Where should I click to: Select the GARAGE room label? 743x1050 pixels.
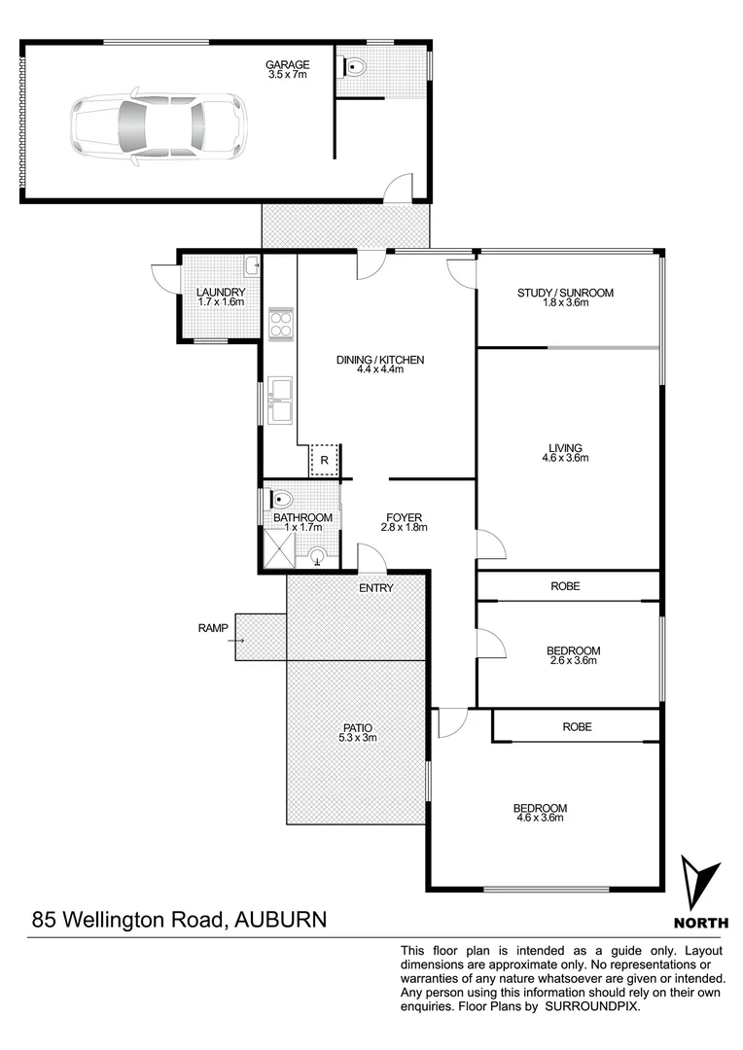pyautogui.click(x=287, y=65)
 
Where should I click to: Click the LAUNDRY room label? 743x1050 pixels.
pyautogui.click(x=221, y=293)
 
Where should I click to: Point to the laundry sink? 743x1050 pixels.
pyautogui.click(x=251, y=263)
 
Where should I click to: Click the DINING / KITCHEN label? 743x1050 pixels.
pyautogui.click(x=380, y=360)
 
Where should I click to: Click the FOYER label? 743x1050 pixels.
pyautogui.click(x=404, y=517)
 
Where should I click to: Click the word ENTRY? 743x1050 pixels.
pyautogui.click(x=375, y=588)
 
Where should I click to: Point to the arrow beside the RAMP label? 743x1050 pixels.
pyautogui.click(x=237, y=640)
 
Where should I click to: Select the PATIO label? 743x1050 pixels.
pyautogui.click(x=356, y=727)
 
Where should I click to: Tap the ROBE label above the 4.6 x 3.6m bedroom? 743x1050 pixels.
pyautogui.click(x=577, y=726)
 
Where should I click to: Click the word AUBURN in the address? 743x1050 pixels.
pyautogui.click(x=277, y=919)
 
